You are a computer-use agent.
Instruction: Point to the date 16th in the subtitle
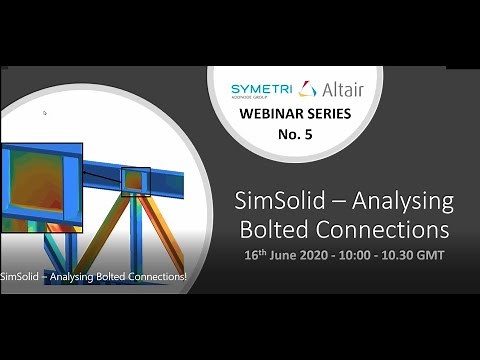pyautogui.click(x=255, y=254)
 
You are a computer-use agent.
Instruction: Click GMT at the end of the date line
pyautogui.click(x=425, y=254)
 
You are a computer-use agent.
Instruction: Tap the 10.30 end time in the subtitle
pyautogui.click(x=394, y=254)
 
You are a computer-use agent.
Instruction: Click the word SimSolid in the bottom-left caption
pyautogui.click(x=23, y=276)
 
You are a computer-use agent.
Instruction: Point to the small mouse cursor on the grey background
pyautogui.click(x=45, y=113)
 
